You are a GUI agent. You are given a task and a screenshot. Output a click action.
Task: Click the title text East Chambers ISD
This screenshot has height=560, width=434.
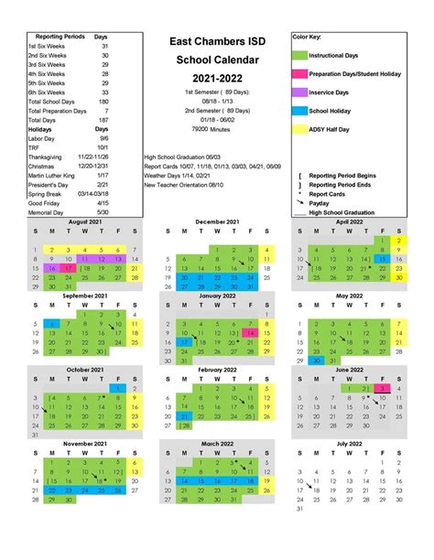217,42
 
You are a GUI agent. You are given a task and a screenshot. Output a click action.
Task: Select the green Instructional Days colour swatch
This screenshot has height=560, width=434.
299,56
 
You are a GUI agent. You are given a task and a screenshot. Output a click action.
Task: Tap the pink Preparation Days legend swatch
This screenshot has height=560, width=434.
299,74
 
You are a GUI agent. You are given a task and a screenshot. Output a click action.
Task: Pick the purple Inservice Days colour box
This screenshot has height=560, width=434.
299,92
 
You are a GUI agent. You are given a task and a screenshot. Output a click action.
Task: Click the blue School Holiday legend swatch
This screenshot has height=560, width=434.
299,111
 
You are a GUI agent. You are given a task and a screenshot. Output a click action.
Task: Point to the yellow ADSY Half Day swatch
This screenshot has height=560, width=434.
299,129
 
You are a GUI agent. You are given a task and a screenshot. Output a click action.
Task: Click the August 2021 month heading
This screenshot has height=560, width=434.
84,221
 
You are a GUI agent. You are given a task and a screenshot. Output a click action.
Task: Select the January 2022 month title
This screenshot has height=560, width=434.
216,295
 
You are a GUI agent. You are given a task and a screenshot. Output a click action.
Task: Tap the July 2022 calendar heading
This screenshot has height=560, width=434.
349,443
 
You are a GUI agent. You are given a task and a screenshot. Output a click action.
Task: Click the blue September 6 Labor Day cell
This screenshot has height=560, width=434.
52,324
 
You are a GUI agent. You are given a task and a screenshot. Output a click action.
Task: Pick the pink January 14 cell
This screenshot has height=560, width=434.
250,334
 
